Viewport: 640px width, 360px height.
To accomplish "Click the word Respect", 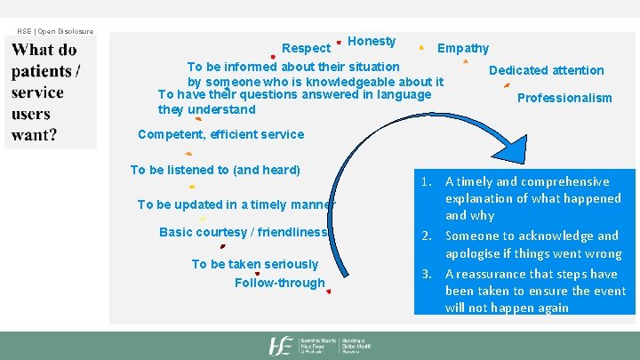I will (306, 48).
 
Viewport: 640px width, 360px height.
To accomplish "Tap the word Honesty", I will (372, 41).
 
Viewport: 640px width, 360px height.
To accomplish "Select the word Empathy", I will (462, 48).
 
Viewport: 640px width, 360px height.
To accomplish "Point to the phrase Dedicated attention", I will (546, 70).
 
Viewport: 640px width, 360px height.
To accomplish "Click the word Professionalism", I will (564, 98).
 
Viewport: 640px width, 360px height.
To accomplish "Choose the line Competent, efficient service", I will (220, 134).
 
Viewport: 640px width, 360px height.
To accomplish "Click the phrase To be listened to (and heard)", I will (215, 170).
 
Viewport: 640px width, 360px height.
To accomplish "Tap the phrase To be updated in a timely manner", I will (236, 204).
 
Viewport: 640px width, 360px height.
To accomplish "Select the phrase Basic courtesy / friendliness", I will (244, 232).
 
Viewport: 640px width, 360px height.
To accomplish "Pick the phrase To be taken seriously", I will (254, 264).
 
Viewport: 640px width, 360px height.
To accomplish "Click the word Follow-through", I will (279, 283).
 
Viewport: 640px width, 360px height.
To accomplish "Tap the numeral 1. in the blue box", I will (427, 181).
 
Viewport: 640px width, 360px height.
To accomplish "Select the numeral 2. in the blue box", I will (427, 236).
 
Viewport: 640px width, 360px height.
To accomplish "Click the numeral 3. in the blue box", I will (427, 274).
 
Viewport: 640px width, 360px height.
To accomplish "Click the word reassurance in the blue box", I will (494, 274).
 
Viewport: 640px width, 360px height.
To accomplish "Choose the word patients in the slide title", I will (42, 71).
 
